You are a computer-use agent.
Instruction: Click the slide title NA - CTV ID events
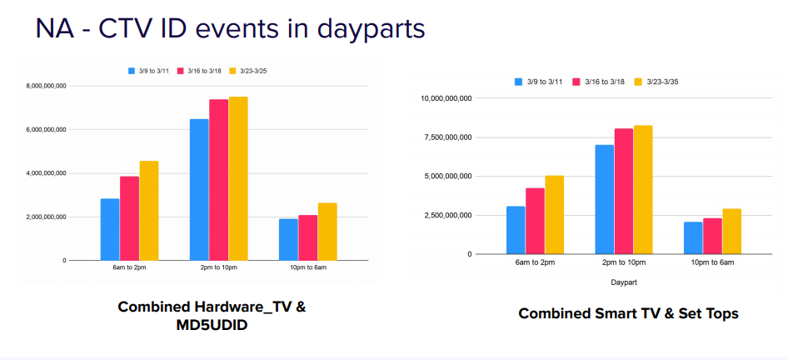pyautogui.click(x=230, y=28)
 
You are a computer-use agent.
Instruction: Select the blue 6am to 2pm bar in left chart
pyautogui.click(x=110, y=229)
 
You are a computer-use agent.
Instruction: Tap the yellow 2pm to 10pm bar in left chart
pyautogui.click(x=238, y=178)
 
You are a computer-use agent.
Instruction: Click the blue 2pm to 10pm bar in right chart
pyautogui.click(x=604, y=199)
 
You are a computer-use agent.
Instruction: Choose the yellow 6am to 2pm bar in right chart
pyautogui.click(x=554, y=214)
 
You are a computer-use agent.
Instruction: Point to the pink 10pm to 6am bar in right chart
pyautogui.click(x=712, y=236)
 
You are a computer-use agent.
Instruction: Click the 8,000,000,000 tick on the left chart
pyautogui.click(x=47, y=86)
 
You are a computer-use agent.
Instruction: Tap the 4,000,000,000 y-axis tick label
pyautogui.click(x=47, y=173)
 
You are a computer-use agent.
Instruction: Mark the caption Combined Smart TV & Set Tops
pyautogui.click(x=628, y=313)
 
